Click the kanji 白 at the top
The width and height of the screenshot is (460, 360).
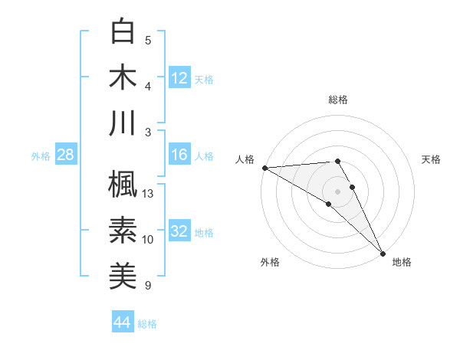click(123, 31)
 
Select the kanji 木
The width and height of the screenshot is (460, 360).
click(123, 77)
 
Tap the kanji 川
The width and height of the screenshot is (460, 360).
click(123, 123)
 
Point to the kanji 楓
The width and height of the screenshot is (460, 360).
click(123, 184)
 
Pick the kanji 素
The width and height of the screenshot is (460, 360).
click(123, 230)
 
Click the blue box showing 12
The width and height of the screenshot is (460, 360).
click(179, 77)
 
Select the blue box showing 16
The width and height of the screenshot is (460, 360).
click(179, 155)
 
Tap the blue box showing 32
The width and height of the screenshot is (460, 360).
click(179, 232)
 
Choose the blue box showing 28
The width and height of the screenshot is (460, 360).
click(66, 155)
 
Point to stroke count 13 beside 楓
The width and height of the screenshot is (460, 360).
click(148, 194)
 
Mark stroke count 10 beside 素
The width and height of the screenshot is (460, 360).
click(148, 240)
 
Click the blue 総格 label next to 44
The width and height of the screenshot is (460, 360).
click(147, 324)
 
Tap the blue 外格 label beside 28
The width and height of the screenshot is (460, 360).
click(41, 156)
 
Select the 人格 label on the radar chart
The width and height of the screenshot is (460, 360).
click(245, 159)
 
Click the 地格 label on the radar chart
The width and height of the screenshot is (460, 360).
click(402, 262)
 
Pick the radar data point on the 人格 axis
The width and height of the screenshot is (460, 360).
click(264, 168)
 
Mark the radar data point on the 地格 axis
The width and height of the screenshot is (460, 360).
click(382, 252)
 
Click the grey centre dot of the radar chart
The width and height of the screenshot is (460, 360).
click(337, 191)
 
